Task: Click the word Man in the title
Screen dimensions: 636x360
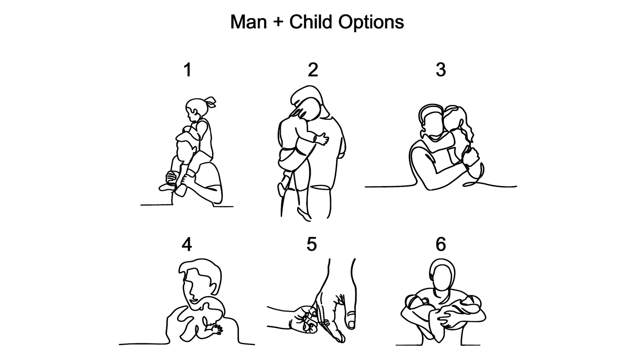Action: (248, 22)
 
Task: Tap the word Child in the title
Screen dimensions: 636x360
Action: (311, 22)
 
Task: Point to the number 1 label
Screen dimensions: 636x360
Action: (187, 70)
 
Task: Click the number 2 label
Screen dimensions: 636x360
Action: (313, 70)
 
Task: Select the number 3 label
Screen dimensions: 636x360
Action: (441, 70)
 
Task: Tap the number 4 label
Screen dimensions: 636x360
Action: (187, 244)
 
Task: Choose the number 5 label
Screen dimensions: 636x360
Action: (312, 244)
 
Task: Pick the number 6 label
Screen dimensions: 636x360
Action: (441, 244)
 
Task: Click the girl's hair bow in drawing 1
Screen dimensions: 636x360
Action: (211, 102)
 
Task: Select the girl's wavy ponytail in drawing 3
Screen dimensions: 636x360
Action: (467, 129)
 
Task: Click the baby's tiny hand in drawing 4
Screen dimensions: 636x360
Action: (217, 329)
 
